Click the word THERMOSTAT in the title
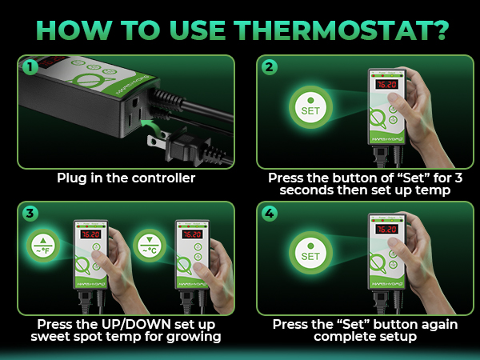coord(341,30)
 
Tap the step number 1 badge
coord(30,67)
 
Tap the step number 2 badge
coord(270,67)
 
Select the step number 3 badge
coord(30,214)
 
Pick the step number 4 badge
coord(270,214)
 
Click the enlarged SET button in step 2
coord(310,107)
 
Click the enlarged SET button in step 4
coord(310,253)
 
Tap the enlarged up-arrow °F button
coord(43,246)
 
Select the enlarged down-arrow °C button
coord(150,246)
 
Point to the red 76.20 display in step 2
coord(386,84)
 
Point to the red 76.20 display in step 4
coord(386,230)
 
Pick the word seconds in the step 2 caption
coord(306,190)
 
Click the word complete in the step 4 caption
coord(338,337)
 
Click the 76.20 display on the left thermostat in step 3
coord(90,234)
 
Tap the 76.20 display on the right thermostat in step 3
coord(192,234)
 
